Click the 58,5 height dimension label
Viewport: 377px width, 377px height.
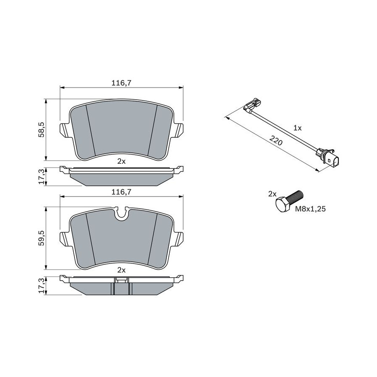point(41,129)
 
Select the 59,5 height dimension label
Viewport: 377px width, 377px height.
point(41,238)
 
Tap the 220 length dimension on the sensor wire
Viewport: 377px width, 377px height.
point(276,141)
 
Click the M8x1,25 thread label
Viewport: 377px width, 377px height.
point(310,209)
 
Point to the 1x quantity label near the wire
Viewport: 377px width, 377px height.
point(297,128)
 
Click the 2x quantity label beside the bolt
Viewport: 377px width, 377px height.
point(272,194)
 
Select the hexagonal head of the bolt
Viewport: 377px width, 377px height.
point(283,204)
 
